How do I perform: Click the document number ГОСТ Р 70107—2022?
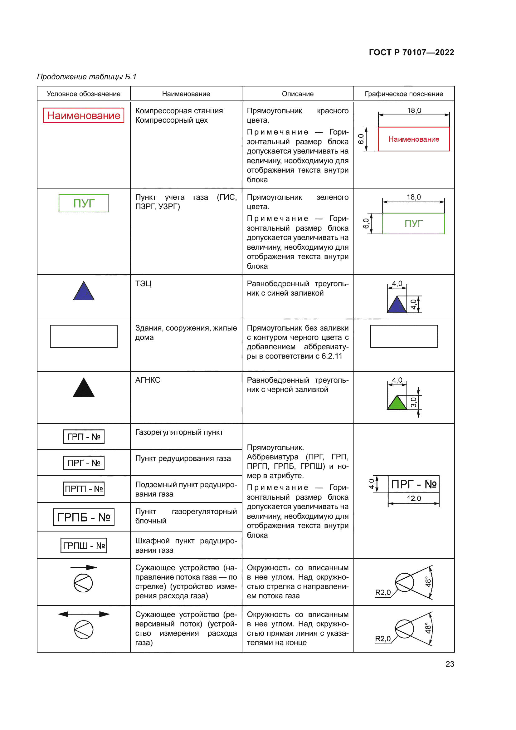411,52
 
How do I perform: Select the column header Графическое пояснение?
403,94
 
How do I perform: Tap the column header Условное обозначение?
84,94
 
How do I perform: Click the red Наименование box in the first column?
84,115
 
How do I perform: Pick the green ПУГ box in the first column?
84,203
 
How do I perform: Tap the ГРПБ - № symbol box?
84,517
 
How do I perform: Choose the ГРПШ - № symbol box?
84,546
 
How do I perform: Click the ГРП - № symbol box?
84,437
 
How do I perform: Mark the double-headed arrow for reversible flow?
84,614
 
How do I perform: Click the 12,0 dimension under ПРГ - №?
414,498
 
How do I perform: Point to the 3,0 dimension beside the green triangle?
413,402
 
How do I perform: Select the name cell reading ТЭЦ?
143,284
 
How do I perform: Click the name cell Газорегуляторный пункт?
179,432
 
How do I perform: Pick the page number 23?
450,664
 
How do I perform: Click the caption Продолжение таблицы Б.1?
86,77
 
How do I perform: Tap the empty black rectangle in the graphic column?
403,336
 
